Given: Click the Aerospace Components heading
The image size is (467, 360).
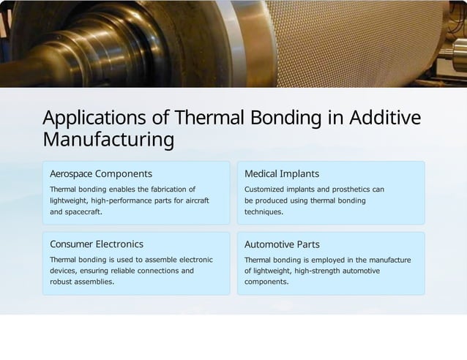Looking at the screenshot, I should pos(100,174).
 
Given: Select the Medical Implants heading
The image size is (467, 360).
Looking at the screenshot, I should pos(281,174).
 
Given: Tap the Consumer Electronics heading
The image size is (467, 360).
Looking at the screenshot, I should pos(96,244).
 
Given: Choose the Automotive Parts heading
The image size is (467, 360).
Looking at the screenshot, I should pos(282,244).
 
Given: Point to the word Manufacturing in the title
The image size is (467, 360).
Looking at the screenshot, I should pos(108,139).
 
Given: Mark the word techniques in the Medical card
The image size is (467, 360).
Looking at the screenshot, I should pos(264,212).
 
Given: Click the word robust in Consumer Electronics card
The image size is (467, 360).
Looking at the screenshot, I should pos(61,282).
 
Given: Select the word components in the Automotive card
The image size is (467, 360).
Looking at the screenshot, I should pos(266,282).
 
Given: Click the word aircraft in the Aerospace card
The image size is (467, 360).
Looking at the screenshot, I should pos(195,200).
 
